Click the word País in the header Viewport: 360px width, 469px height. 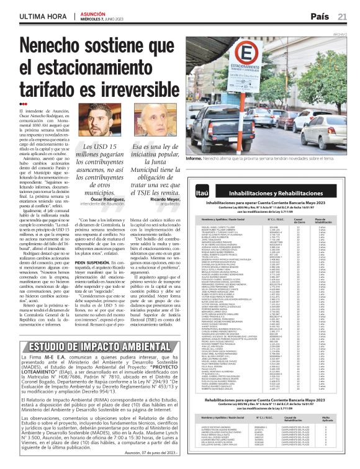319,16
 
